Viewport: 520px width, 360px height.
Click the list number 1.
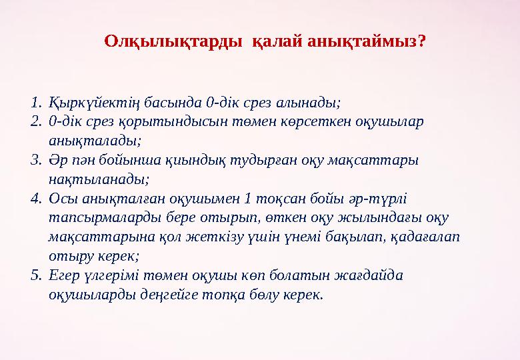point(36,103)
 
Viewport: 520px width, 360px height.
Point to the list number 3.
point(36,161)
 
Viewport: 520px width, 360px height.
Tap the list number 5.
point(36,275)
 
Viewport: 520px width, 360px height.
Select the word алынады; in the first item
point(311,103)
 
